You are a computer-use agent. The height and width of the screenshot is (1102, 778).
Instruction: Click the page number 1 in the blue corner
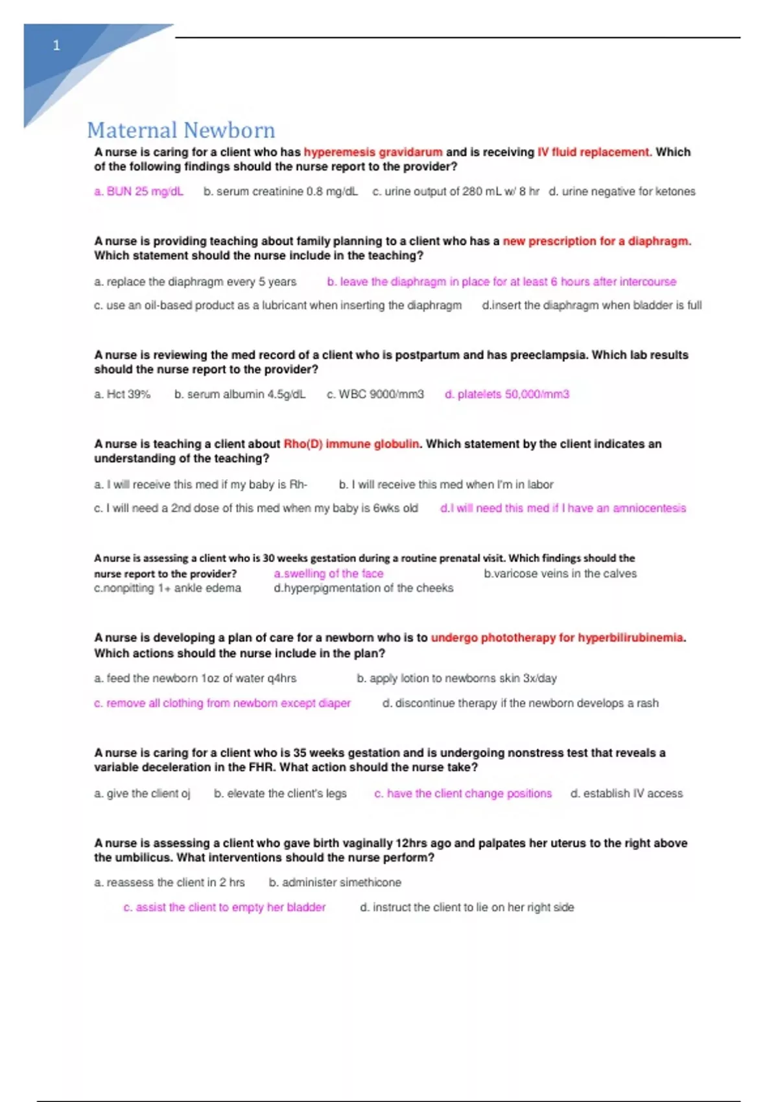tap(56, 45)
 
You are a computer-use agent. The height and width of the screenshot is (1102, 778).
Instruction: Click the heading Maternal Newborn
tap(181, 130)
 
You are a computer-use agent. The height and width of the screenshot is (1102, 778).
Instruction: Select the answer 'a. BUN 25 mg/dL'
tap(139, 191)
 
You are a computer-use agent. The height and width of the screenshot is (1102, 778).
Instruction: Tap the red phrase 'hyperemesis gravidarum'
tap(373, 152)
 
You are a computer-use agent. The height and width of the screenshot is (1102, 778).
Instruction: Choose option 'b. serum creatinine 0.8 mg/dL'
tap(280, 191)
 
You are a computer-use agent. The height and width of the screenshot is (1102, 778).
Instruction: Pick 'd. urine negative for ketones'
tap(622, 191)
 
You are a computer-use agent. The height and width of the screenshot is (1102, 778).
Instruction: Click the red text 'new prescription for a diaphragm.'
tap(596, 241)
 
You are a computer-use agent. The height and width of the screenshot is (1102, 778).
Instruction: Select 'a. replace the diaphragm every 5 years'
tap(195, 282)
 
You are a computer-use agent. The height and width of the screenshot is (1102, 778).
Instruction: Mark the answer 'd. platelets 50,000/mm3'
tap(506, 394)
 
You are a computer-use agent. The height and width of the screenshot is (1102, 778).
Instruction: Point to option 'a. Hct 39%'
tap(122, 394)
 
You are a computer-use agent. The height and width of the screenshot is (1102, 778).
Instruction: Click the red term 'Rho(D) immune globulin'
tap(351, 444)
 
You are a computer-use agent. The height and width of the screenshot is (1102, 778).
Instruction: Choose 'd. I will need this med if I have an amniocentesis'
tap(563, 508)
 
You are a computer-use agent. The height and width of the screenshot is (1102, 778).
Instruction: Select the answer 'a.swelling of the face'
tap(328, 574)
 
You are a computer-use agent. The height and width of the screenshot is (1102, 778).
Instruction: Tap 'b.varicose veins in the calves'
tap(560, 574)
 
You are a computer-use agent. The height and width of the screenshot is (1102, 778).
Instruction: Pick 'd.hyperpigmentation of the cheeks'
tap(363, 588)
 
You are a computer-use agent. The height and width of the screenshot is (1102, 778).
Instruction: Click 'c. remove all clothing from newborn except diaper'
tap(222, 703)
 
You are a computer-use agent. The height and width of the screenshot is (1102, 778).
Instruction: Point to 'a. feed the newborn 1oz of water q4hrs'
tap(195, 678)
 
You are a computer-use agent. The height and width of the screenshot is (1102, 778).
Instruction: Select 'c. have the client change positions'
tap(463, 793)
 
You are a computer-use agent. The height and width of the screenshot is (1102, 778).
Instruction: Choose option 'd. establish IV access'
tap(626, 793)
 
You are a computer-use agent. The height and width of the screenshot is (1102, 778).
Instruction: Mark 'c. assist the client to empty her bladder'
tap(224, 908)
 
